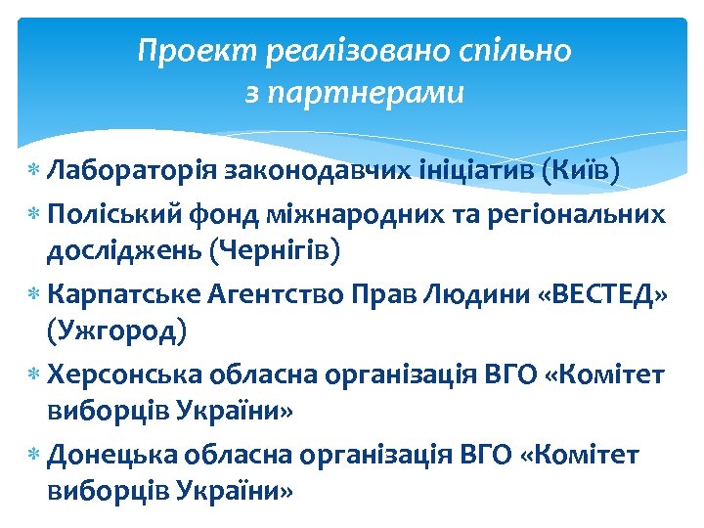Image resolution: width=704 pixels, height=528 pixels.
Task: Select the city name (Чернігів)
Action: coord(275,251)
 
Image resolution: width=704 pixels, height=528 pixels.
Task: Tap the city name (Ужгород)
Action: coord(116,331)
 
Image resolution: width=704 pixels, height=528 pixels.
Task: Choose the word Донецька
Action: coord(114,454)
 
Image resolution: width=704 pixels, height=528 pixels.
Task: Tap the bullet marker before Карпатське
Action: coord(34,293)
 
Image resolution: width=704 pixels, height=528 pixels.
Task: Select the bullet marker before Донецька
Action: coord(34,455)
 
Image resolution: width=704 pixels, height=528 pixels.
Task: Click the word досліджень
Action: coord(123,251)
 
